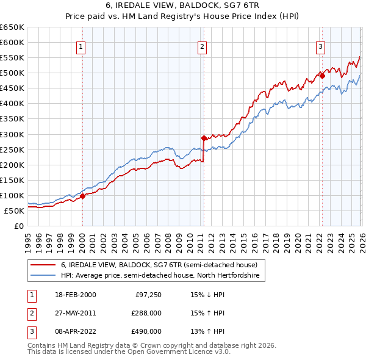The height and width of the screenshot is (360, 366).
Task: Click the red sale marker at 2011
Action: coord(204,138)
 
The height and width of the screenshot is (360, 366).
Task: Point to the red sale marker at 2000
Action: coord(83,196)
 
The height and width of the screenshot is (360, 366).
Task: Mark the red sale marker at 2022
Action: coord(321,76)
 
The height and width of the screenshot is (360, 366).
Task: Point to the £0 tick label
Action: coord(18,226)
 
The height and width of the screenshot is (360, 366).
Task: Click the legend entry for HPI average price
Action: coord(160,276)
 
